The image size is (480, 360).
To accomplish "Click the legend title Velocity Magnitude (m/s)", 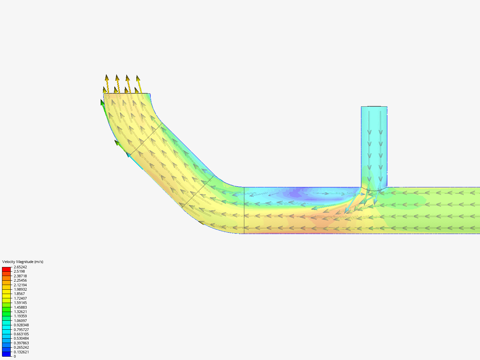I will tap(23, 262).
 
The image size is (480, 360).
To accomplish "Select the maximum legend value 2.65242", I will tap(20, 267).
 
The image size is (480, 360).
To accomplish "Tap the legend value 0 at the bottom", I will tap(15, 356).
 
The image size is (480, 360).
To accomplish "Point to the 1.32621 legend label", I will tap(20, 312).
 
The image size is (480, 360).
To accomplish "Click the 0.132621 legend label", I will tap(21, 352).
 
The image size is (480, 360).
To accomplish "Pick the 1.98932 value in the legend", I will tap(20, 289).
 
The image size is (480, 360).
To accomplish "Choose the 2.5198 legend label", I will tap(19, 271).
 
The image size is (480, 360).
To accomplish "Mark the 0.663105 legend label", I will tap(21, 334).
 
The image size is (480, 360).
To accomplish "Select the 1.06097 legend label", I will tap(20, 321).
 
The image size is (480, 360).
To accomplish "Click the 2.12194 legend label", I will tap(20, 285).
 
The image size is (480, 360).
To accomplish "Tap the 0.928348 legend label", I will tap(21, 325).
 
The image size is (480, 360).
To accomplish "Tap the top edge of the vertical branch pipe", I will tap(374, 107).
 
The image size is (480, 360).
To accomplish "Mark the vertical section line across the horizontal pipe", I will tap(244, 210).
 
